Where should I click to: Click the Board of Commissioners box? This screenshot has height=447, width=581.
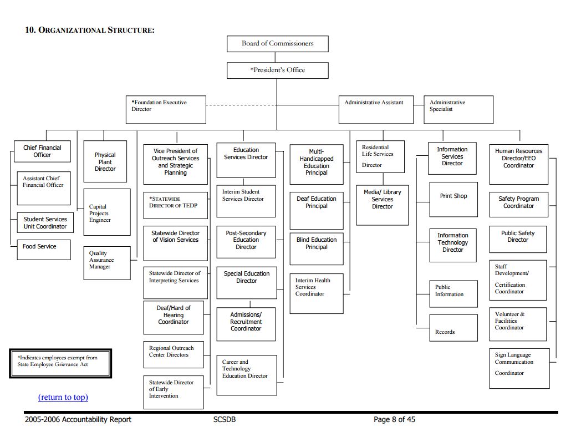tap(277, 44)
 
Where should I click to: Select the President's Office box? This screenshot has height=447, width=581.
tap(277, 70)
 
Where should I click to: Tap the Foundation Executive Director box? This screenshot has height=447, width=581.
tap(166, 109)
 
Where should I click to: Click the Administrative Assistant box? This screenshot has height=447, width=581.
tap(376, 109)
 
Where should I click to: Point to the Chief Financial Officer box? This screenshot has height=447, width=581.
tap(42, 151)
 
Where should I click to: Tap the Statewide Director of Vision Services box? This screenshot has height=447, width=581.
tap(175, 242)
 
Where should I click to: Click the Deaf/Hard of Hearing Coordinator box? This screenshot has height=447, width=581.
tap(174, 317)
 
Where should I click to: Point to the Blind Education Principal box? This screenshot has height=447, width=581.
tap(317, 246)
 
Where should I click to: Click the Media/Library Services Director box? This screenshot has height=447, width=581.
tap(382, 205)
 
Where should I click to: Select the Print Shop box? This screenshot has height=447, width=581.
tap(453, 199)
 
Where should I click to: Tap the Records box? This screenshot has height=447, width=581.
tap(453, 328)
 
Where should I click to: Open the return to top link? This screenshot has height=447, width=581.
tap(63, 397)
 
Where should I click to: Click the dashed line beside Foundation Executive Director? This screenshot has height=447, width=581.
tap(272, 105)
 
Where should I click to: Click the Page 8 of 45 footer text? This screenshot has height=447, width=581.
tap(394, 420)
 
